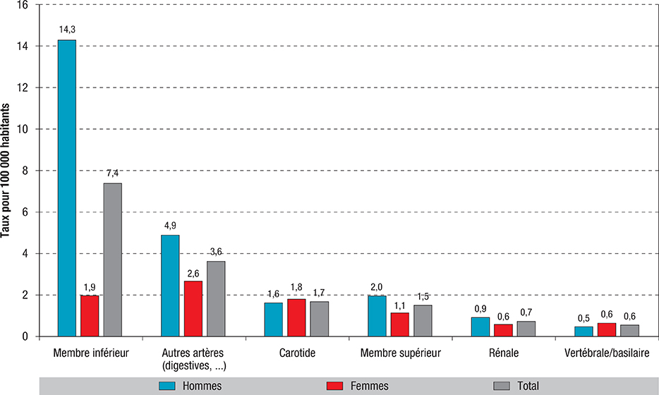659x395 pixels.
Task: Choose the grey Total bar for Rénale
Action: (x=526, y=329)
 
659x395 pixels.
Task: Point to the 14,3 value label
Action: (x=67, y=31)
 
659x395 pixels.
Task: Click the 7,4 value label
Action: (x=113, y=174)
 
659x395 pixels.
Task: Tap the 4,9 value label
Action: (x=170, y=226)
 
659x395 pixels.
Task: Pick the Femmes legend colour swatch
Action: (x=337, y=385)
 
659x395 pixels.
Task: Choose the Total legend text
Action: (x=527, y=385)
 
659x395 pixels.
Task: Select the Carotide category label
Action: (x=296, y=351)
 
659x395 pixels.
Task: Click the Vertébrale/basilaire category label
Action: (x=606, y=351)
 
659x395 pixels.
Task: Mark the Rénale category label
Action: (x=503, y=351)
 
